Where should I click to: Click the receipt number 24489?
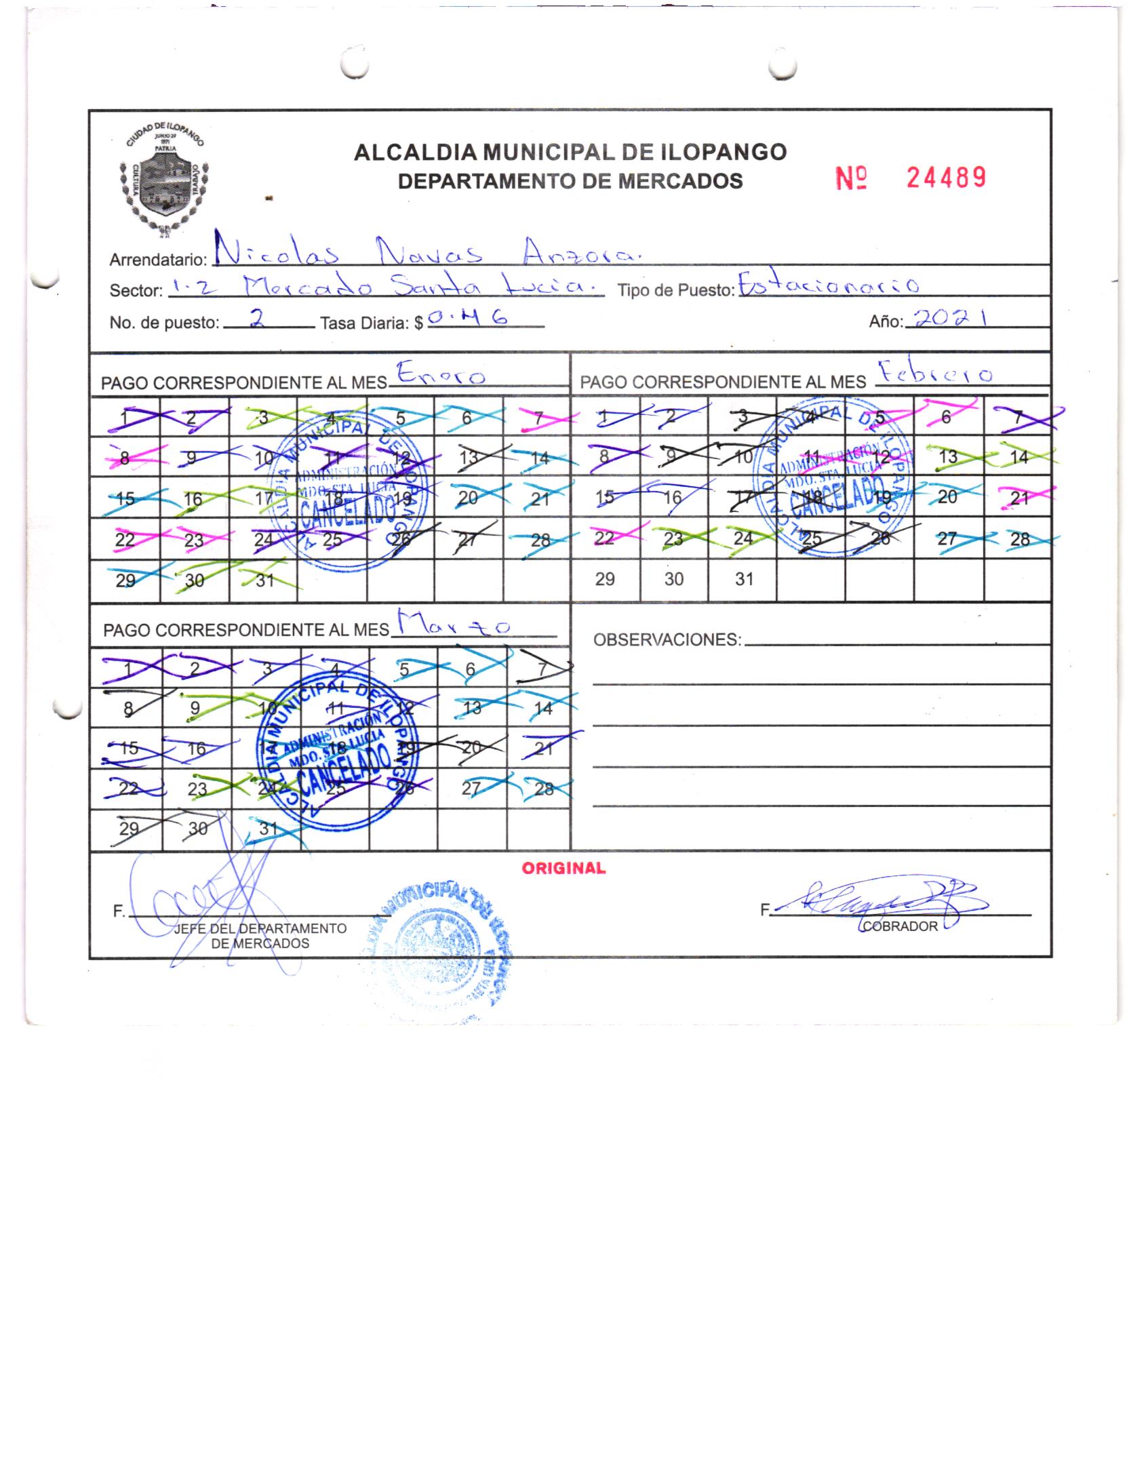[945, 178]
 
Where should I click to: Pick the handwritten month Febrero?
[936, 374]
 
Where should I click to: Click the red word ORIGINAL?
[563, 869]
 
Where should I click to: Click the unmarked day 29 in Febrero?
[605, 579]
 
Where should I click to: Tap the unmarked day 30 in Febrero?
[674, 579]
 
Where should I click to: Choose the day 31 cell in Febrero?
[744, 579]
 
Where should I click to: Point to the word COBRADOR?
[900, 926]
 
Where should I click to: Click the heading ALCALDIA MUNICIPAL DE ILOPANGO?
[570, 152]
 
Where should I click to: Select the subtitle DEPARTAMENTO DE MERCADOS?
[570, 181]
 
